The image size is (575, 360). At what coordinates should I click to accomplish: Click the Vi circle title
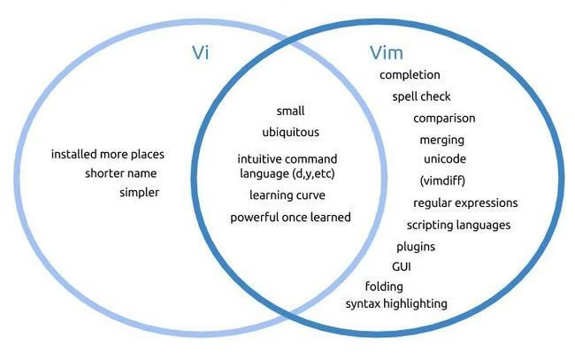[200, 51]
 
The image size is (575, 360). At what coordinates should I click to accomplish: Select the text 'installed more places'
[108, 154]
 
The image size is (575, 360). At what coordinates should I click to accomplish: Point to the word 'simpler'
[140, 192]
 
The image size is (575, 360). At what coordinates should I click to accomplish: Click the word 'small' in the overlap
[290, 111]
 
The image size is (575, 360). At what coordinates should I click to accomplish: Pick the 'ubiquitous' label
[290, 133]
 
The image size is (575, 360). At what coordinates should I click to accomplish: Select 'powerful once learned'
[290, 218]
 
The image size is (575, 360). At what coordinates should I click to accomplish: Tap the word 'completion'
[410, 75]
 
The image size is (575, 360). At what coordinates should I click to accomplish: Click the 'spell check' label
[422, 96]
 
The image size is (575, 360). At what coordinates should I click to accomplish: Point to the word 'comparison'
[444, 119]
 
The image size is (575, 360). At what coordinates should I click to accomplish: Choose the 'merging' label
[441, 140]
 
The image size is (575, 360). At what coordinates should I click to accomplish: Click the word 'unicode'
[445, 159]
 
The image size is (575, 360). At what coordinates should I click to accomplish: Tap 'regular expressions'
[465, 203]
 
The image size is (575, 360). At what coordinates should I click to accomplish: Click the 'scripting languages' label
[458, 225]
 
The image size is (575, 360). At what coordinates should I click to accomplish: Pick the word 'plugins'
[416, 247]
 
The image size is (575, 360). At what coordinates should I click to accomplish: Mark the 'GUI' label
[402, 266]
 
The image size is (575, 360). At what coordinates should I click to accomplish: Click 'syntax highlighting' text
[396, 304]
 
